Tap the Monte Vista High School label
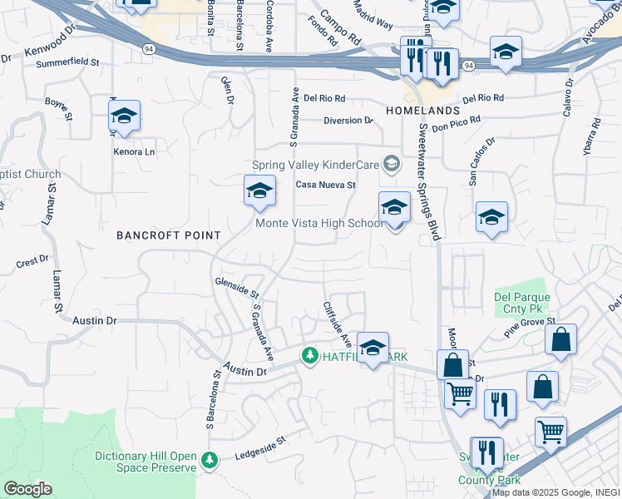pyautogui.click(x=318, y=223)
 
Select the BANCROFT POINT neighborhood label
pyautogui.click(x=169, y=235)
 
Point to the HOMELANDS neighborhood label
pyautogui.click(x=422, y=111)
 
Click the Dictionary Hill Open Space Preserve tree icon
pyautogui.click(x=210, y=459)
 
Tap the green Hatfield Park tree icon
pyautogui.click(x=310, y=356)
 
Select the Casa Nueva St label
pyautogui.click(x=327, y=185)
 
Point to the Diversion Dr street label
pyautogui.click(x=348, y=121)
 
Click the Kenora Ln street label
pyautogui.click(x=134, y=152)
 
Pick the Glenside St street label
pyautogui.click(x=238, y=288)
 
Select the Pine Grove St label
pyautogui.click(x=529, y=324)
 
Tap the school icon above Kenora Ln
pyautogui.click(x=124, y=116)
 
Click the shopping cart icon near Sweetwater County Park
pyautogui.click(x=550, y=432)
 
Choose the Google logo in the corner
pyautogui.click(x=27, y=489)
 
